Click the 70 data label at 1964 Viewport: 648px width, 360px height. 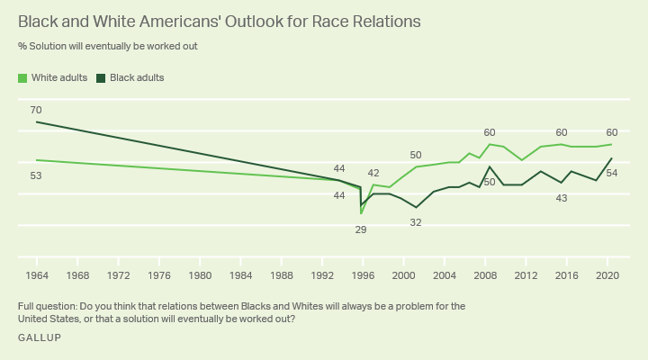click(36, 110)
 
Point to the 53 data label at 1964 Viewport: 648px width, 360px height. click(36, 175)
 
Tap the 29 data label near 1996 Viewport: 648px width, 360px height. click(360, 229)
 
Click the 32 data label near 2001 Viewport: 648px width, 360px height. click(416, 221)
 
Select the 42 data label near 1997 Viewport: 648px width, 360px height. click(373, 173)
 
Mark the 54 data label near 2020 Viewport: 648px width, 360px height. click(611, 173)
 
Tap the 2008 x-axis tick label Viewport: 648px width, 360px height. click(485, 274)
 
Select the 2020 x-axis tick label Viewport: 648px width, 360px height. click(607, 274)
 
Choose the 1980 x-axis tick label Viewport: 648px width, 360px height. click(200, 274)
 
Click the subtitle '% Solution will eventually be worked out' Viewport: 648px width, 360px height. click(107, 46)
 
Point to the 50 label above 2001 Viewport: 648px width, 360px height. click(416, 155)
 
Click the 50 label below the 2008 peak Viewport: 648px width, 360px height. click(490, 182)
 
